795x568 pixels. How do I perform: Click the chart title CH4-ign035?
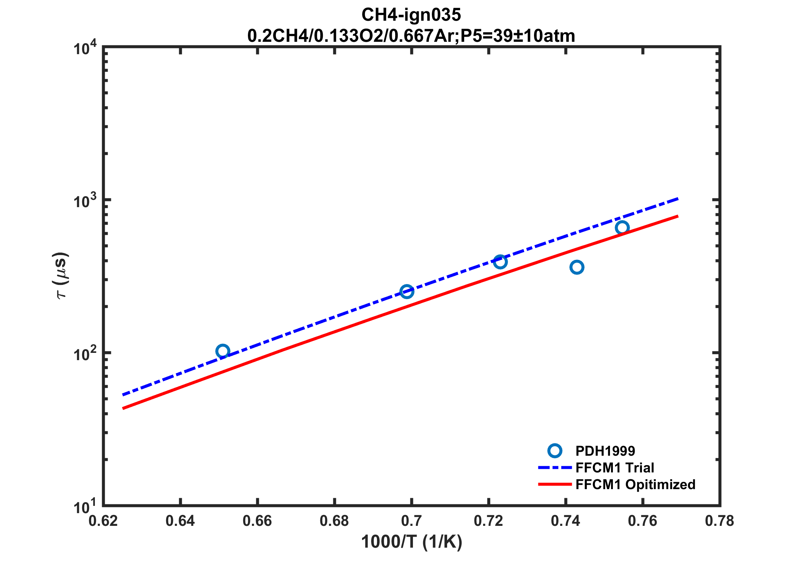(411, 15)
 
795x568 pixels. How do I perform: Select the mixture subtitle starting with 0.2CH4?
(411, 36)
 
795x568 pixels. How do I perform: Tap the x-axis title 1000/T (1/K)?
(411, 542)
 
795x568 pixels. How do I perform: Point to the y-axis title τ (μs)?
(61, 275)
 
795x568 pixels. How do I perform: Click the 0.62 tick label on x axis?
(103, 521)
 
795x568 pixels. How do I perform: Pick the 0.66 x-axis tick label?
(257, 521)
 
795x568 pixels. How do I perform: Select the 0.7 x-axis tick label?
(411, 521)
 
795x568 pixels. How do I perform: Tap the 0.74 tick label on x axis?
(566, 521)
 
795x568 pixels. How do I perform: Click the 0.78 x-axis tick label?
(719, 521)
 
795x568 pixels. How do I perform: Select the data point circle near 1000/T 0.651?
(222, 351)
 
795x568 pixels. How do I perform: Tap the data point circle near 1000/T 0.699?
(407, 291)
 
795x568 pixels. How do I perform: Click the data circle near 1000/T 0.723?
(500, 262)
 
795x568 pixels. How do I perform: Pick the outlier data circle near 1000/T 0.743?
(577, 267)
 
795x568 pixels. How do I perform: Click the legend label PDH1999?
(605, 451)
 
